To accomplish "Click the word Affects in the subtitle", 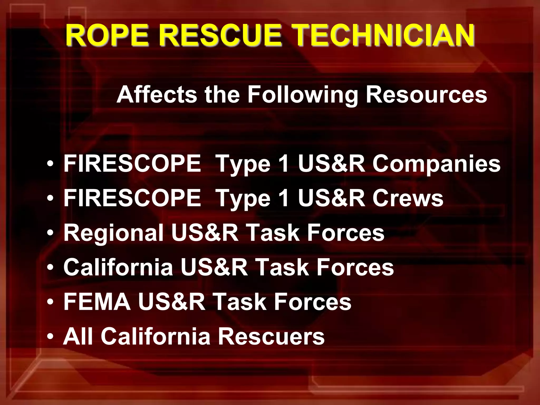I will click(x=157, y=95).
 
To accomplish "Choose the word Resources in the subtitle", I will click(x=426, y=95).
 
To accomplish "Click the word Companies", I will click(x=436, y=164).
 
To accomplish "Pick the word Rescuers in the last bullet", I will click(x=271, y=336).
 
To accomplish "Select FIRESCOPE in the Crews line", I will click(x=132, y=198).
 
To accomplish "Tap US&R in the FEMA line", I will click(x=172, y=302).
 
